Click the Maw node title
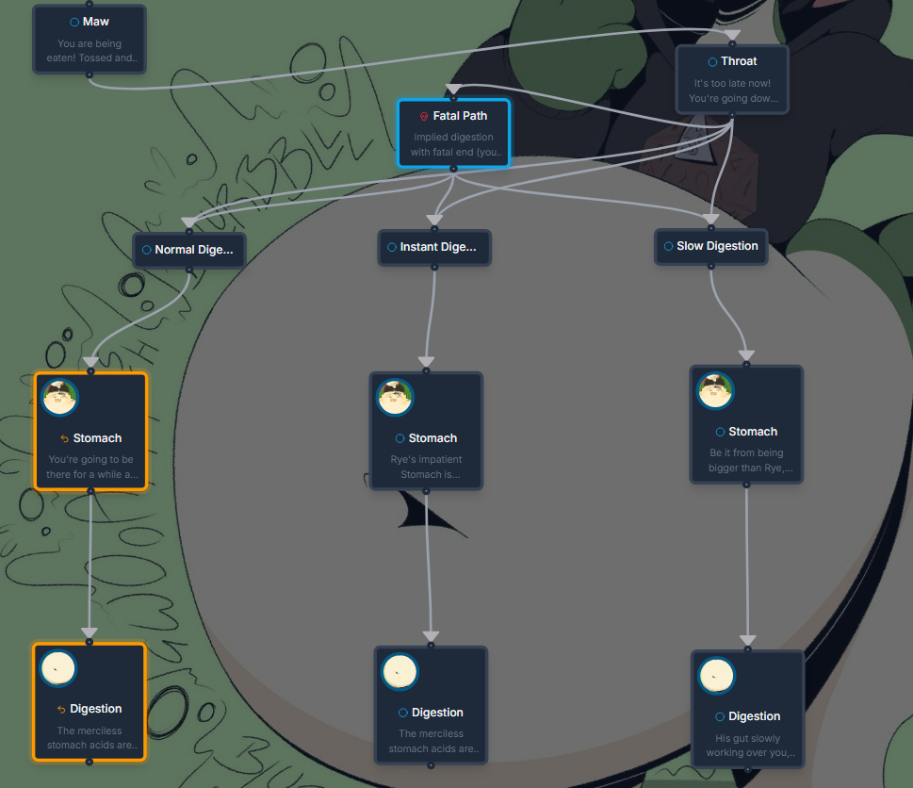tap(95, 22)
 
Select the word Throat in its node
tap(739, 61)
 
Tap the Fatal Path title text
tap(460, 116)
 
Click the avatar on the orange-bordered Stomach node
tap(60, 397)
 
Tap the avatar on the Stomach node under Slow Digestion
tap(715, 390)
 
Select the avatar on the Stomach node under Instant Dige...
tap(396, 397)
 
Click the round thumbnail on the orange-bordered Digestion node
tap(58, 668)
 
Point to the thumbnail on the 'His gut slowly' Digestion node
tap(717, 676)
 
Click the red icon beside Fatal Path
tap(424, 116)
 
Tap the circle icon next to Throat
tap(712, 62)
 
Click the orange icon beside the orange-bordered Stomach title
tap(64, 438)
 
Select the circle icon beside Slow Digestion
tap(668, 246)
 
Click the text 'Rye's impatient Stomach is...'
tap(426, 467)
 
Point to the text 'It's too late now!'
tap(732, 83)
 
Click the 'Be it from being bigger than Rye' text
tap(751, 460)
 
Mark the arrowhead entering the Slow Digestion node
tap(710, 221)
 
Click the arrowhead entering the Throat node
tap(733, 37)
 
